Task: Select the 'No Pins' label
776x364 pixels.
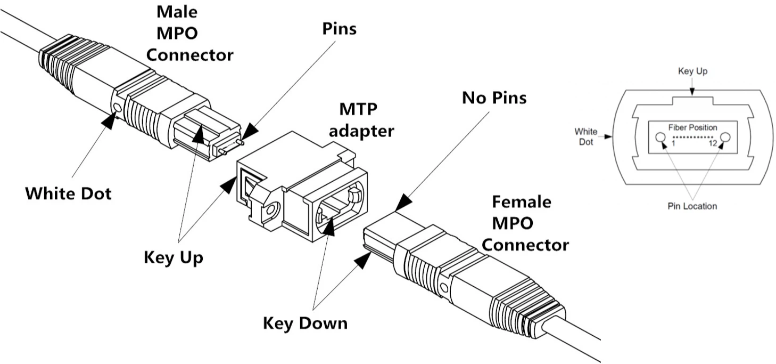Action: point(493,98)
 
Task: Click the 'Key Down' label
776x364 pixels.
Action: point(305,323)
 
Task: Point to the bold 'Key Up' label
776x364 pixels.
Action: point(174,257)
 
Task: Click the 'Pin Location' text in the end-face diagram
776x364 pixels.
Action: point(692,206)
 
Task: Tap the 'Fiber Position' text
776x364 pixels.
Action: point(692,128)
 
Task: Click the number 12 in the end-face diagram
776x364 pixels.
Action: point(713,143)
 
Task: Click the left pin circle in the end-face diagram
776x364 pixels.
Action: point(661,137)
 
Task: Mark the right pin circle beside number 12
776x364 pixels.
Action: point(724,137)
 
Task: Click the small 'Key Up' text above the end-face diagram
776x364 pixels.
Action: point(692,71)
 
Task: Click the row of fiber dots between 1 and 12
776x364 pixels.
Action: point(692,137)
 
